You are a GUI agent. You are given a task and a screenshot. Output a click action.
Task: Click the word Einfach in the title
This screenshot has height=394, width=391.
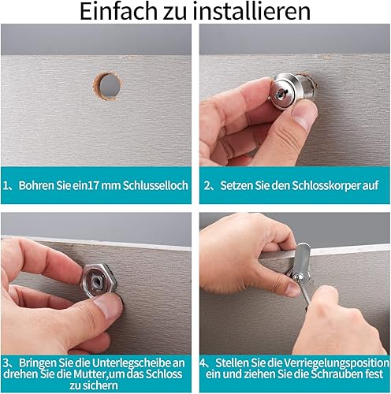click(x=118, y=11)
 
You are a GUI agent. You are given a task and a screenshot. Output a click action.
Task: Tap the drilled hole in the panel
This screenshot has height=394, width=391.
click(x=108, y=85)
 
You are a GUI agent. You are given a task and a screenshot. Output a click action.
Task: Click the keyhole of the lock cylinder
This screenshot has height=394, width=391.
click(x=281, y=92)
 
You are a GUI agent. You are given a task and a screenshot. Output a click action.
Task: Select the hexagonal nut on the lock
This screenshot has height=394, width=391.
click(x=99, y=281)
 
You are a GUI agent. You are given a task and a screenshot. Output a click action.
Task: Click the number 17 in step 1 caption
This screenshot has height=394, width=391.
click(x=93, y=185)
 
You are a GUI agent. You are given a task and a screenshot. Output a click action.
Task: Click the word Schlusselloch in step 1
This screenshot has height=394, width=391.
click(x=155, y=185)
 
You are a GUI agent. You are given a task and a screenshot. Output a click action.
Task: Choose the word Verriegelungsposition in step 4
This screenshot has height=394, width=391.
click(x=337, y=363)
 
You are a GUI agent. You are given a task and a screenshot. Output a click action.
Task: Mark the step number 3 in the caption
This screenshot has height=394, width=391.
click(x=6, y=363)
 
